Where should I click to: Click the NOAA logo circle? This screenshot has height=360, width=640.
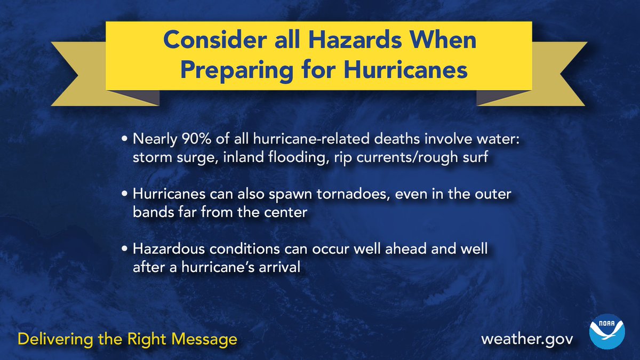click(607, 331)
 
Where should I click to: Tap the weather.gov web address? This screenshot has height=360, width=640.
click(527, 340)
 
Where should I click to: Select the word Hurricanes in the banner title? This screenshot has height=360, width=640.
click(405, 70)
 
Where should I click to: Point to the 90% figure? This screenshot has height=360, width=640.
click(197, 139)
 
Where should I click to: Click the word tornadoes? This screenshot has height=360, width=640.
click(354, 194)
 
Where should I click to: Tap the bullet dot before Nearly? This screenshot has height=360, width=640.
click(124, 139)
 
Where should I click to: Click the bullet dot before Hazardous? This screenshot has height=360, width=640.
click(124, 249)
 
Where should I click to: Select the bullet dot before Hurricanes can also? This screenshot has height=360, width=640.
click(124, 194)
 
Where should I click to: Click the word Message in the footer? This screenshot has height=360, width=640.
click(204, 339)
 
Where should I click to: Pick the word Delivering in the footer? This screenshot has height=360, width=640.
click(55, 339)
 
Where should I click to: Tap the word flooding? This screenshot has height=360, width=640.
click(297, 157)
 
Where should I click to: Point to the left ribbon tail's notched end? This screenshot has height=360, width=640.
click(78, 75)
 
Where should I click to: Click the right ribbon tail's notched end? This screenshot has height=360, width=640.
click(561, 74)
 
